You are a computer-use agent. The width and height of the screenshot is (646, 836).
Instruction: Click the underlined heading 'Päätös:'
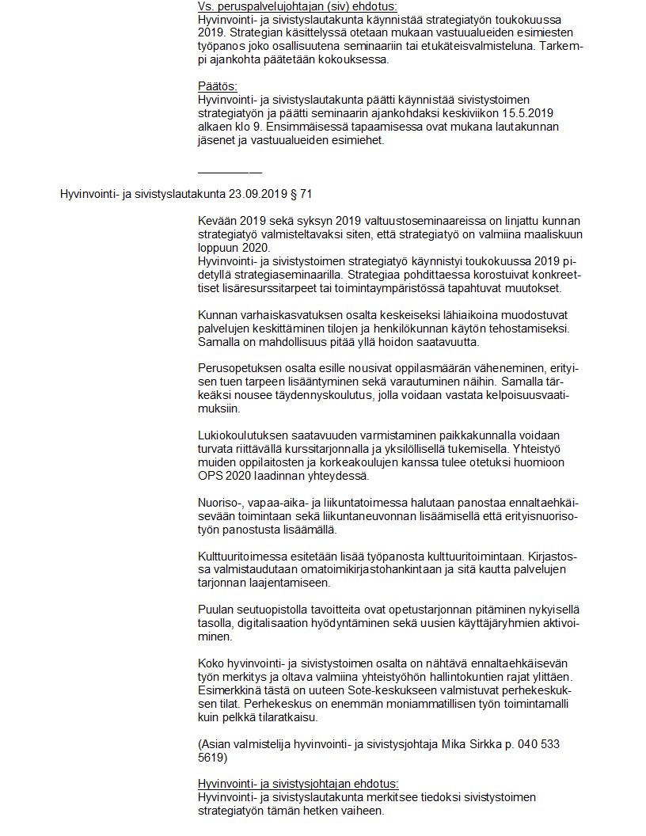(x=217, y=85)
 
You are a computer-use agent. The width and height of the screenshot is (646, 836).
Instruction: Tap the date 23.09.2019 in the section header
(x=256, y=193)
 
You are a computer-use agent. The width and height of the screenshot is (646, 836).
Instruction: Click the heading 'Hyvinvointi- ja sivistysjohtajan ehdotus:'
(x=298, y=785)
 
